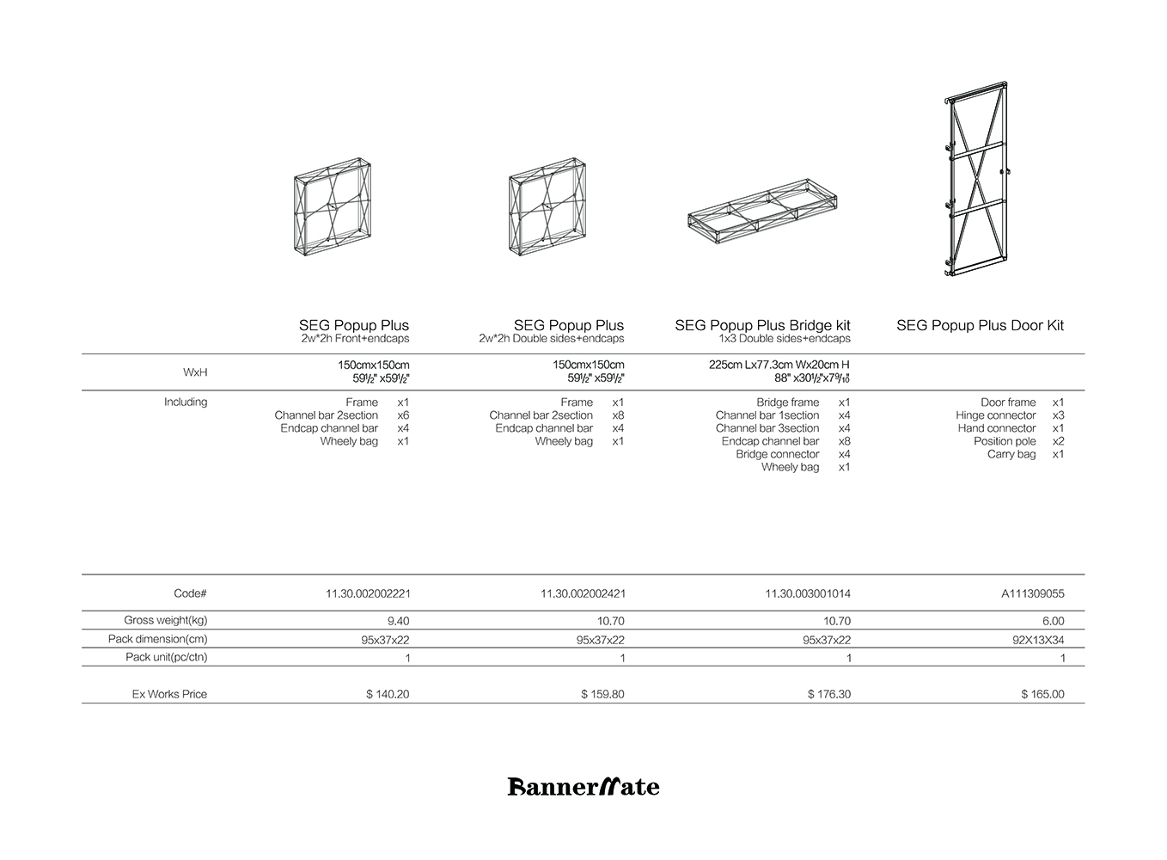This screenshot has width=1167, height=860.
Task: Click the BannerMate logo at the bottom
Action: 583,786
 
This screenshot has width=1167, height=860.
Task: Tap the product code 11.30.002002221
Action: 368,593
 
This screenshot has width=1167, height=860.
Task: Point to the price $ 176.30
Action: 828,694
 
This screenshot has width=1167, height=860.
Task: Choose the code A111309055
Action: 1032,593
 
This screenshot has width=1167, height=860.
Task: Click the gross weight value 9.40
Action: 398,621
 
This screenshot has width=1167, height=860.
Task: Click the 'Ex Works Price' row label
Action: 169,694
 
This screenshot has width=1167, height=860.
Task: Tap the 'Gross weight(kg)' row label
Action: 166,620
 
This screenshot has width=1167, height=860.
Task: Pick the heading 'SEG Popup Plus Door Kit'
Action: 980,325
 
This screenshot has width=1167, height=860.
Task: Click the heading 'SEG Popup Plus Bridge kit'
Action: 762,325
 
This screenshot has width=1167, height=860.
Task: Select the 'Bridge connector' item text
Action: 777,454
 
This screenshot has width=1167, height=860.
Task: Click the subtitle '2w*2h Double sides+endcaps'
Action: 552,339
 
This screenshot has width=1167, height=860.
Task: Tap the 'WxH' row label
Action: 195,372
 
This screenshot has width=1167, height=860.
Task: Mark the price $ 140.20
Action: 388,694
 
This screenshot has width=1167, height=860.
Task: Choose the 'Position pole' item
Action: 1005,441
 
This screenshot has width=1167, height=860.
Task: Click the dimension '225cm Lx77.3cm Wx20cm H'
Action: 779,365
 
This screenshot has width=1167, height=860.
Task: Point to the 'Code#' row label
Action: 190,593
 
